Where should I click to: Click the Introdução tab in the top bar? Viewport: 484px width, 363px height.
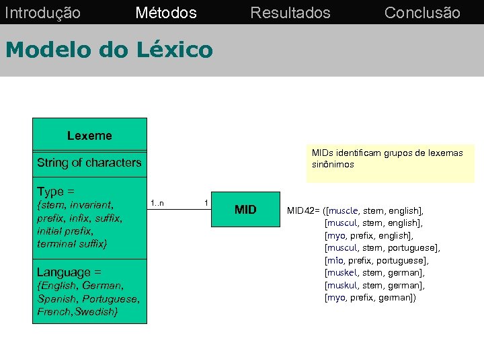pyautogui.click(x=42, y=13)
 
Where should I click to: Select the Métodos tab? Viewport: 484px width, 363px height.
pyautogui.click(x=165, y=13)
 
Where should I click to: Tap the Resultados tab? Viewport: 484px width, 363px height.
pyautogui.click(x=290, y=13)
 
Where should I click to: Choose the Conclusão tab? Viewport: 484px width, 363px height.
pyautogui.click(x=422, y=13)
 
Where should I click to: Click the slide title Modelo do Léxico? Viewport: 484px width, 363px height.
pyautogui.click(x=108, y=49)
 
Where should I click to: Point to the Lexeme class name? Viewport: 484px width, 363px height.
pyautogui.click(x=89, y=136)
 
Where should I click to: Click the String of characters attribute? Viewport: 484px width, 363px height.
pyautogui.click(x=89, y=163)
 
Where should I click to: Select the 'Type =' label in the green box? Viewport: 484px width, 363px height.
pyautogui.click(x=56, y=191)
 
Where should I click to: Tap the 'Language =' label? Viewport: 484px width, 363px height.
pyautogui.click(x=69, y=272)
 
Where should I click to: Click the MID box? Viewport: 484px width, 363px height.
pyautogui.click(x=245, y=210)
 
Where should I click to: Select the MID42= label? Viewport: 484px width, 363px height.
pyautogui.click(x=305, y=210)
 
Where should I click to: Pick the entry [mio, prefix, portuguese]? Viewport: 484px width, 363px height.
pyautogui.click(x=376, y=260)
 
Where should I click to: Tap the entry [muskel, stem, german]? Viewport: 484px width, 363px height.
pyautogui.click(x=374, y=272)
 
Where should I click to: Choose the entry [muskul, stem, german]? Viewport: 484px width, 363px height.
pyautogui.click(x=374, y=285)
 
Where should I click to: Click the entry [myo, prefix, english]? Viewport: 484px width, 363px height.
pyautogui.click(x=368, y=235)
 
